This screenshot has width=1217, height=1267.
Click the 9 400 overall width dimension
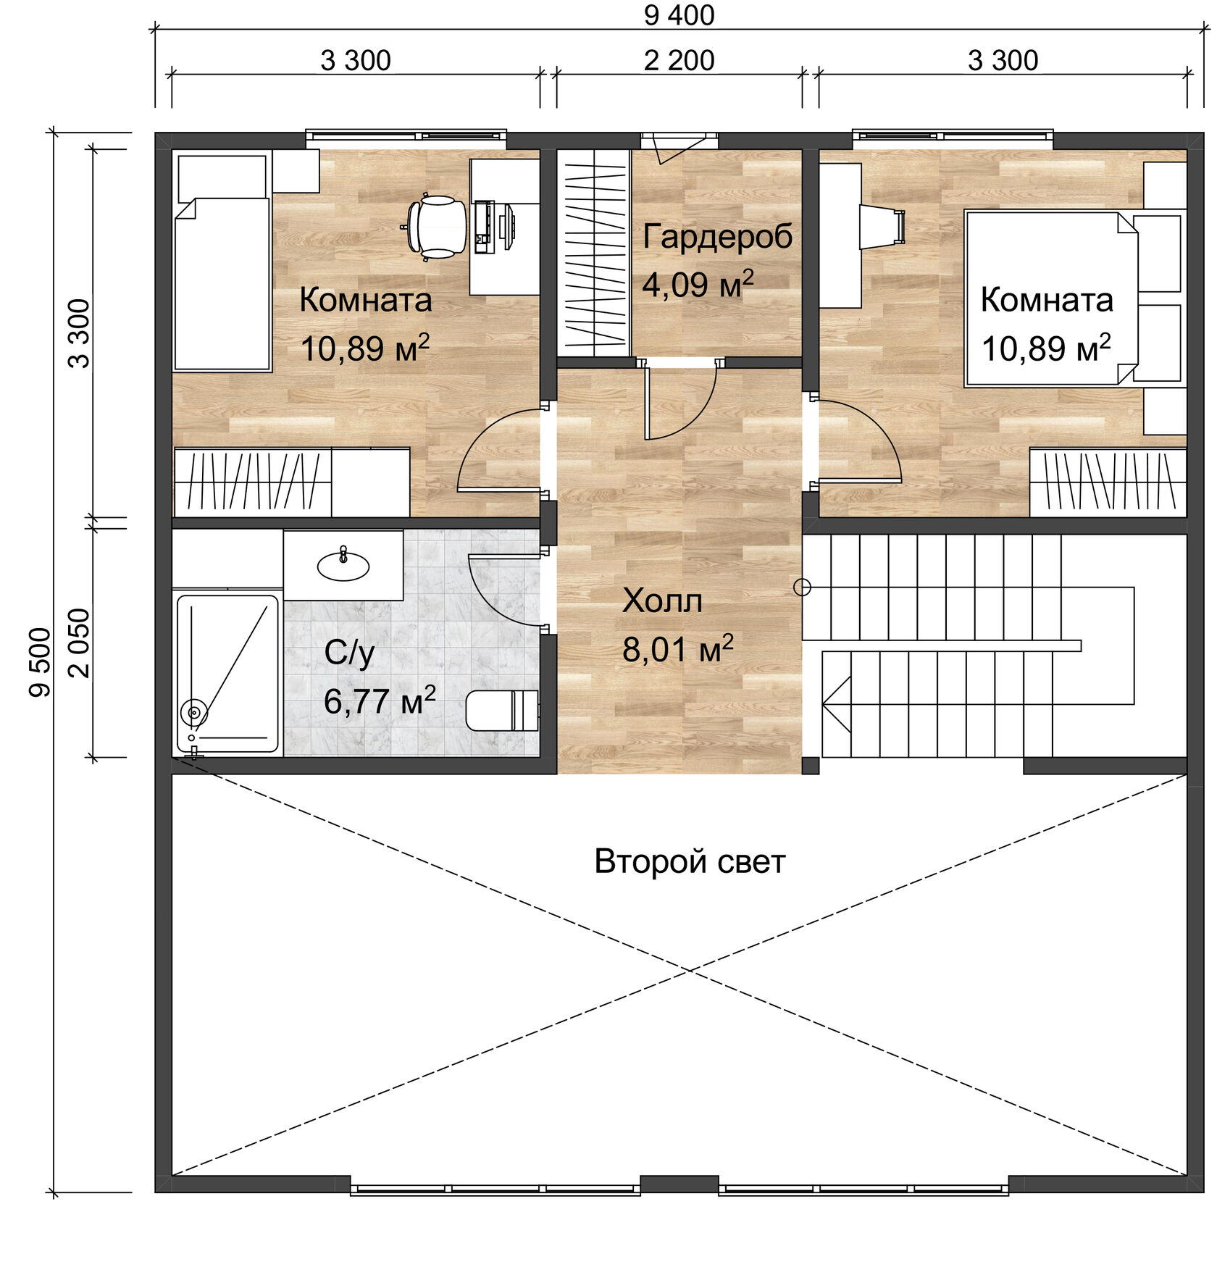point(679,15)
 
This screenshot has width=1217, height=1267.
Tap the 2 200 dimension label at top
point(679,61)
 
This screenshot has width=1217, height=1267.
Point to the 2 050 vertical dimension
point(80,643)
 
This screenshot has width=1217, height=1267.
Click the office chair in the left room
point(437,227)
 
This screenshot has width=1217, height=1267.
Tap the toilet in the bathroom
point(501,710)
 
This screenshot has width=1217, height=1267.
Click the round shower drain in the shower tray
point(193,712)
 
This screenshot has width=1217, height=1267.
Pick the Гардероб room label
point(717,237)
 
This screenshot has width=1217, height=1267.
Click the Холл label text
point(662,601)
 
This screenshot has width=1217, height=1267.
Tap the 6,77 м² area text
point(379,701)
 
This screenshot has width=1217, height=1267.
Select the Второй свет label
point(689,861)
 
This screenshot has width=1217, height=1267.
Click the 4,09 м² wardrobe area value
point(697,284)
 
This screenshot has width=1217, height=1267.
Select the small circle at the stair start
point(802,587)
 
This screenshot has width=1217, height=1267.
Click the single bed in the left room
point(222,283)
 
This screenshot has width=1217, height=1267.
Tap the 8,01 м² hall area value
point(677,649)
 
